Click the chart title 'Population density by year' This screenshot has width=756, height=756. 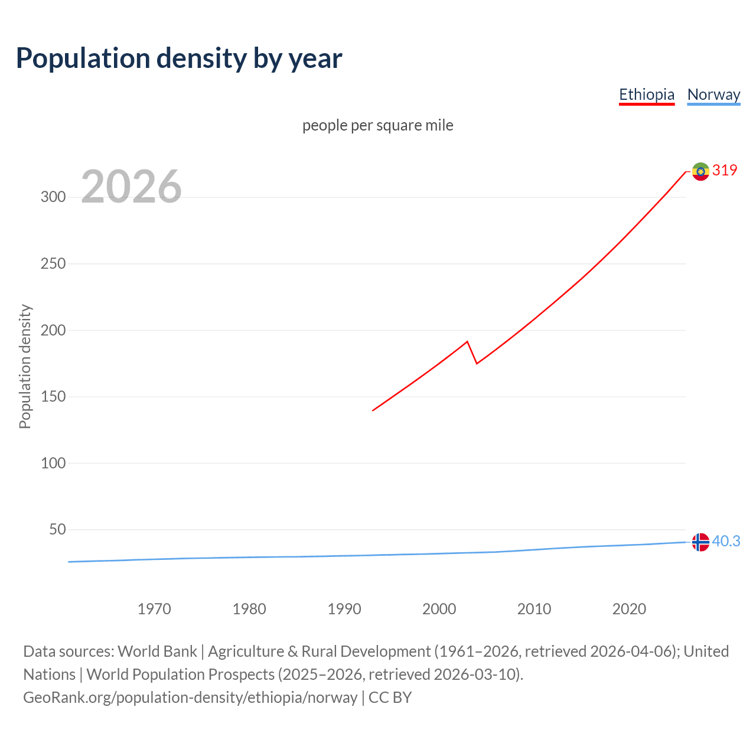coord(179,58)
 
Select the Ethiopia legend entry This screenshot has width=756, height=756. coord(646,94)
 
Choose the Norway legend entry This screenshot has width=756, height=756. coord(713,94)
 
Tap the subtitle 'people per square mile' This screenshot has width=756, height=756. coord(377,126)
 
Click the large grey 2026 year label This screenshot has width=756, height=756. coord(131,187)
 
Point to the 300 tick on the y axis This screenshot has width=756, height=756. coord(53,197)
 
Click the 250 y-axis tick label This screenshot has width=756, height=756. coord(53,264)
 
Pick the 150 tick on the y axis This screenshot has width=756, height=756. coord(53,397)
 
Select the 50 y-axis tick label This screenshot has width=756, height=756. coord(57,530)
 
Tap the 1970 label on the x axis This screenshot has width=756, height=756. coord(154,609)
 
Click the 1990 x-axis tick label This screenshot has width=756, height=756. coord(344,609)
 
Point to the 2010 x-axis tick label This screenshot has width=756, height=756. coord(534,609)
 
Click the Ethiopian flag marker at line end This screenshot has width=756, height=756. coord(700,171)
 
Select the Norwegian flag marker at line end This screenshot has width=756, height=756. coord(700,542)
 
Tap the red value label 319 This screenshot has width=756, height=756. coord(725,171)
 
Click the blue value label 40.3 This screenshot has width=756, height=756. coord(726,542)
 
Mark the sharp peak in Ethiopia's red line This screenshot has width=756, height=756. coord(467,341)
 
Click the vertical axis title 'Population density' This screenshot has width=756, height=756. coord(25,366)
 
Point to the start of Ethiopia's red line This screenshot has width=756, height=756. coord(373,410)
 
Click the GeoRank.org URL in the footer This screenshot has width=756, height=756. coord(190,698)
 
